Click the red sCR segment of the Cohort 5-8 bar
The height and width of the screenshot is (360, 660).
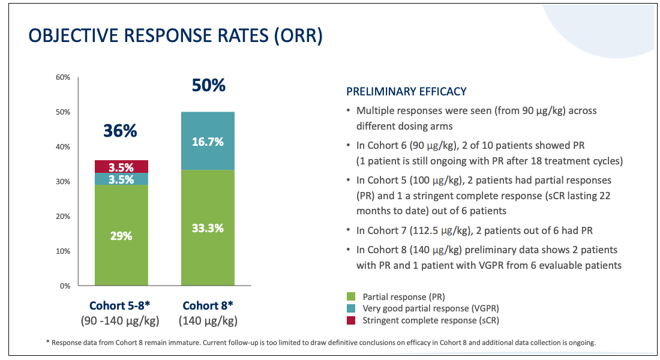click(121, 167)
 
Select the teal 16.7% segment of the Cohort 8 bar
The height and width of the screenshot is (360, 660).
click(208, 141)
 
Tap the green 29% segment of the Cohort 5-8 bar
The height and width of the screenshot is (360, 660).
click(121, 235)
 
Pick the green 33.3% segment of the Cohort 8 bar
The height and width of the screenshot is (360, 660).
click(208, 228)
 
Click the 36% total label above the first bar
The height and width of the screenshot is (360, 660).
click(121, 131)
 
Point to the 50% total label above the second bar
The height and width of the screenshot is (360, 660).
click(209, 85)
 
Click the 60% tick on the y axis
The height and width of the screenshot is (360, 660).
click(63, 77)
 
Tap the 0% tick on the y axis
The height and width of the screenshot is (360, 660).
click(65, 286)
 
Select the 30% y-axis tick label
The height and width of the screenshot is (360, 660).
click(63, 182)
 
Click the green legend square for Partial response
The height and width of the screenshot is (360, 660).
click(350, 297)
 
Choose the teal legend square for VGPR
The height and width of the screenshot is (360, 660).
click(350, 308)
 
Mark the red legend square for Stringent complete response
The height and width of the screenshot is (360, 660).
click(350, 320)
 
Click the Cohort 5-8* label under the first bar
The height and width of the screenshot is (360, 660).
click(120, 305)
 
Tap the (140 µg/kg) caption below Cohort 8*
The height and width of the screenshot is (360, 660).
click(208, 321)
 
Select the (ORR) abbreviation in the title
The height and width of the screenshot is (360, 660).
click(298, 36)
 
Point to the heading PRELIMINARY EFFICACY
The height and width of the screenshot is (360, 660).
click(406, 91)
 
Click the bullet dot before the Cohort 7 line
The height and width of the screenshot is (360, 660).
click(348, 231)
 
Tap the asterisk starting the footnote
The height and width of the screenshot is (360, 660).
click(47, 342)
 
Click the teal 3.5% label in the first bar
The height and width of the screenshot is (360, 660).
click(121, 179)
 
